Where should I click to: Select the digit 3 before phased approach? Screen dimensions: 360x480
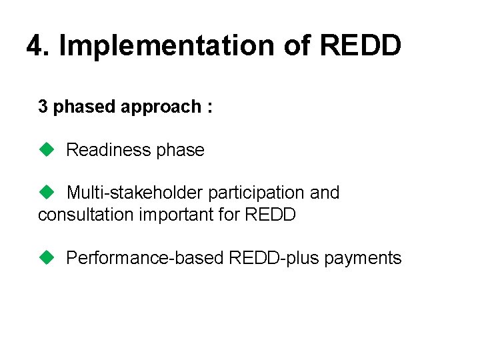[x=43, y=107]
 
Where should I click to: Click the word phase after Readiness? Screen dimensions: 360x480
[x=180, y=150]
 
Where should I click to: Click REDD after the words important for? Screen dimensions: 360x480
[x=270, y=215]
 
